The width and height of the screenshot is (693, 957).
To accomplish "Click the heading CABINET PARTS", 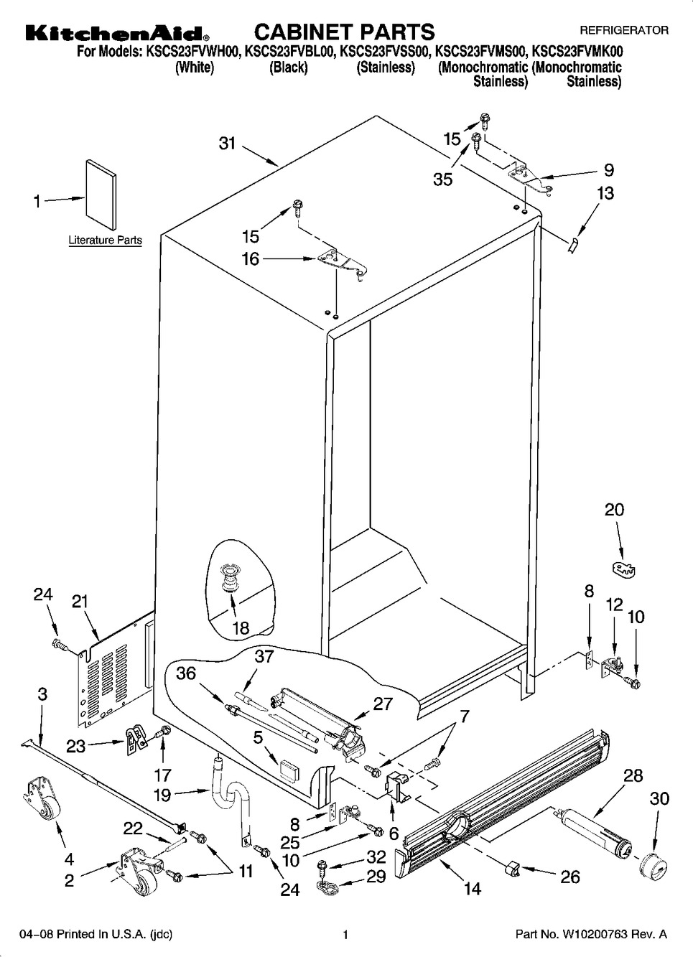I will click(x=344, y=32).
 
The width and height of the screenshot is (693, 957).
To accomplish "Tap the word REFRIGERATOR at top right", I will click(x=623, y=30).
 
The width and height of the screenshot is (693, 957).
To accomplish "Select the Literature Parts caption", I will click(x=105, y=241).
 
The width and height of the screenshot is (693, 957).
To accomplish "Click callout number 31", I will click(x=227, y=144).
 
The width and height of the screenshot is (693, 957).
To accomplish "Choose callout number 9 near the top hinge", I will click(x=608, y=170).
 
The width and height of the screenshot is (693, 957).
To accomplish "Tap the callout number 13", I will click(x=605, y=193).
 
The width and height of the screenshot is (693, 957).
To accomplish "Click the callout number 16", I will click(x=250, y=258).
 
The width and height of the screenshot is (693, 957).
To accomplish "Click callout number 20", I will click(x=614, y=510).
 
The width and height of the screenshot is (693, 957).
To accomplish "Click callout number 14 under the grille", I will click(x=472, y=889).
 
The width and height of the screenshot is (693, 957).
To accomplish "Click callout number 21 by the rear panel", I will click(x=79, y=601).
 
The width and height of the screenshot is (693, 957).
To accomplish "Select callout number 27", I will click(x=383, y=704).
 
